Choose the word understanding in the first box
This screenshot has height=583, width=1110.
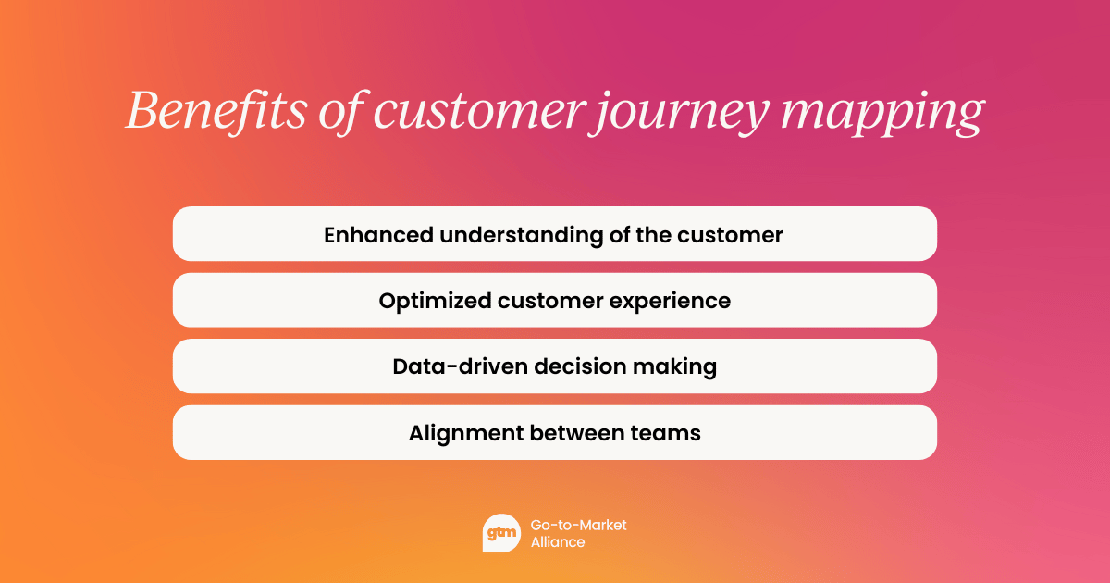[x=521, y=235]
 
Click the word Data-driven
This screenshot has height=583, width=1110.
[x=447, y=366]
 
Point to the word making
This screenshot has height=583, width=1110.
[x=673, y=367]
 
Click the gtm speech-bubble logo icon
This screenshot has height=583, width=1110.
[x=501, y=533]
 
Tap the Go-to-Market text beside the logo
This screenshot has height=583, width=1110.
[x=578, y=525]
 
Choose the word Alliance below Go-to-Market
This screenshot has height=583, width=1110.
[x=558, y=542]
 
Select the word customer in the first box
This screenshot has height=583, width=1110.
[x=730, y=235]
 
